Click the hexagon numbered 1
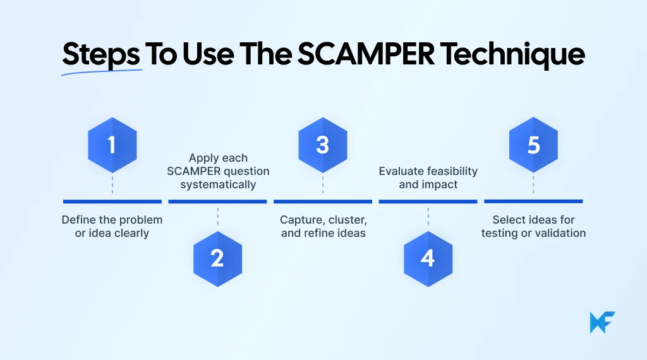click(x=112, y=145)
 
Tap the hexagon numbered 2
click(x=217, y=258)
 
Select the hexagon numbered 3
click(x=323, y=145)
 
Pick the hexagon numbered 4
click(x=428, y=258)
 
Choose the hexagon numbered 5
click(x=534, y=145)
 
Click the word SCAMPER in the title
click(x=366, y=55)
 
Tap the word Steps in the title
click(x=101, y=55)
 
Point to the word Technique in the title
click(x=512, y=55)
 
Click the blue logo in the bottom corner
click(x=602, y=322)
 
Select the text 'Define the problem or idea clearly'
click(x=112, y=227)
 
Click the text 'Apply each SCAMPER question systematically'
click(x=218, y=171)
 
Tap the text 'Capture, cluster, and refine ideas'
click(x=323, y=227)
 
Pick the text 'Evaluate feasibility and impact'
click(x=428, y=178)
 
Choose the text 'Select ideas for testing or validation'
click(x=534, y=227)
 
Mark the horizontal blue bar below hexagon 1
click(x=112, y=201)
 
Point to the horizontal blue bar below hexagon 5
click(x=534, y=201)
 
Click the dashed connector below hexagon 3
click(x=323, y=184)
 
